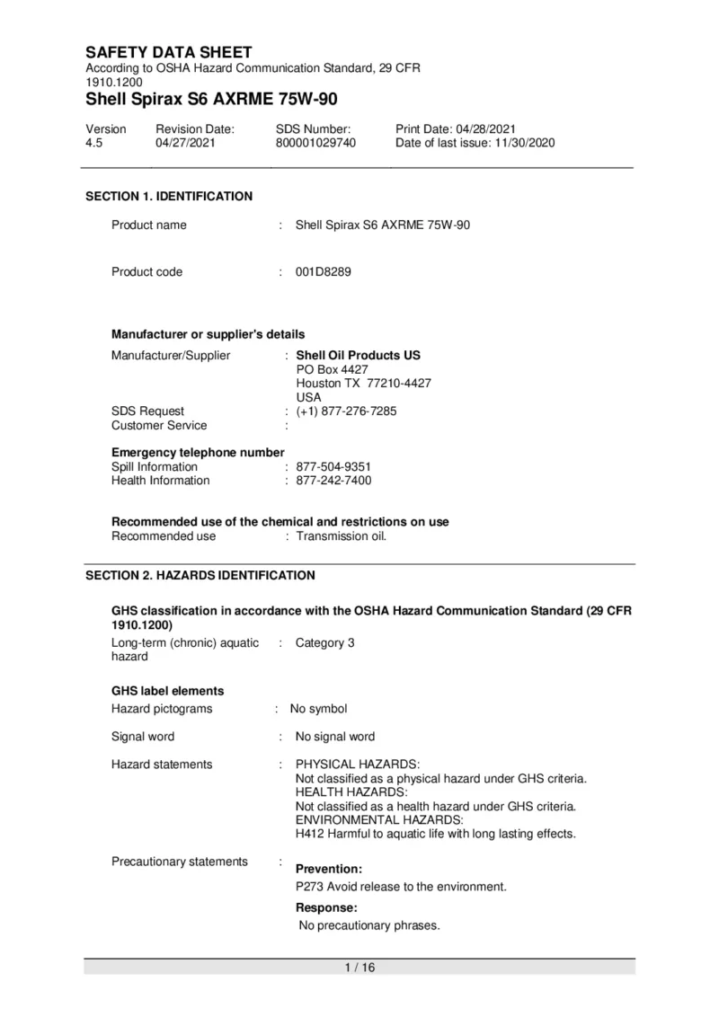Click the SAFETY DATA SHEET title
168,52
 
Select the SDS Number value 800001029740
315,143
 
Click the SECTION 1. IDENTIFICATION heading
168,196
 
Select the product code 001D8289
324,272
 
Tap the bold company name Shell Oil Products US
358,355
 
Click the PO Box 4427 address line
332,369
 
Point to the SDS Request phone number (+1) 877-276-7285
346,411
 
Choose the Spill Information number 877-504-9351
333,467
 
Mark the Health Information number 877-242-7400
333,481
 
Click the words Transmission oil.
341,536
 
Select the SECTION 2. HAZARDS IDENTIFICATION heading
200,575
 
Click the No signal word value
335,737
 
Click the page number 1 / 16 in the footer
359,968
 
